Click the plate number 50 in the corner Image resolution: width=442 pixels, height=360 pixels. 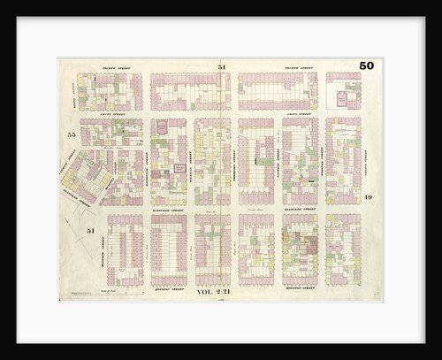pos(366,65)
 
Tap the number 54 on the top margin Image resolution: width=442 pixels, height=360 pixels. pos(222,67)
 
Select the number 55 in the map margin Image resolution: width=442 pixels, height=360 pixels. pos(71,134)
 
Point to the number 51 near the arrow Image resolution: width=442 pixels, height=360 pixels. pos(90,230)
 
